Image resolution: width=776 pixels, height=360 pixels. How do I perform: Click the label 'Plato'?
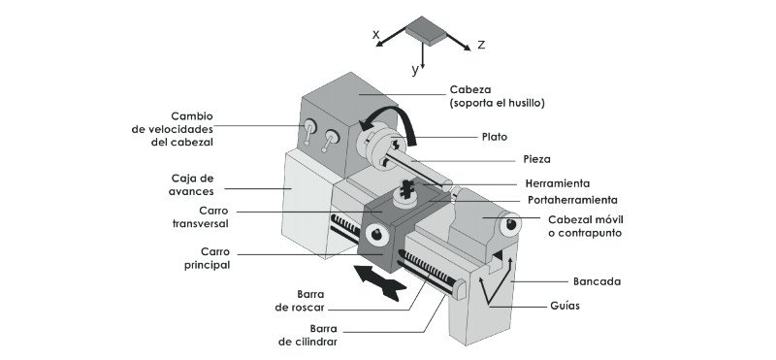(x=494, y=137)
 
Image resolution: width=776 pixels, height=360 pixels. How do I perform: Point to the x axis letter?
(x=375, y=34)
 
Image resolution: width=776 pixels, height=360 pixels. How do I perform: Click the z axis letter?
(x=481, y=45)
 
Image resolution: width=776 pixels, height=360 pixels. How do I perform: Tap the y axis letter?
(x=414, y=70)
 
